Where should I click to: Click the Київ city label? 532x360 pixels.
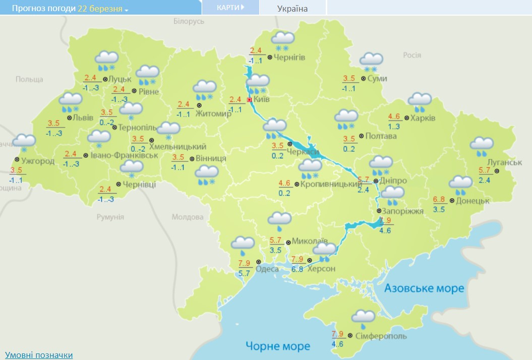click(x=261, y=99)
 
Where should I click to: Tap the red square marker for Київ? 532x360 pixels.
click(x=249, y=100)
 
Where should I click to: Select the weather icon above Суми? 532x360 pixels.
click(x=371, y=61)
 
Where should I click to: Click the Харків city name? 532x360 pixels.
click(x=423, y=118)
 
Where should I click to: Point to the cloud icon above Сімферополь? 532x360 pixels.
click(x=363, y=318)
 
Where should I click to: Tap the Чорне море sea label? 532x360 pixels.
click(x=278, y=346)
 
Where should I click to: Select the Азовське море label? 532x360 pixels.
click(x=424, y=288)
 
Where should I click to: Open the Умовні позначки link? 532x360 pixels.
click(x=39, y=355)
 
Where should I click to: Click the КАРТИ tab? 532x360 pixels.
click(x=230, y=8)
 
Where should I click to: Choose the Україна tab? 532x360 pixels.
click(x=292, y=8)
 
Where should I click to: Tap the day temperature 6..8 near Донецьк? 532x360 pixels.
click(x=439, y=200)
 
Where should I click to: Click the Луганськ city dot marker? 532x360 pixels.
click(x=496, y=171)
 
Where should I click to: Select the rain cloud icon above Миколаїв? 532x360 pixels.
click(x=279, y=220)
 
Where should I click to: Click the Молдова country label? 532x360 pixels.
click(x=188, y=217)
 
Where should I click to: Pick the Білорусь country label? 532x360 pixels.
click(x=189, y=21)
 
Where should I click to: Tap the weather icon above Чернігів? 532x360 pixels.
click(x=283, y=40)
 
